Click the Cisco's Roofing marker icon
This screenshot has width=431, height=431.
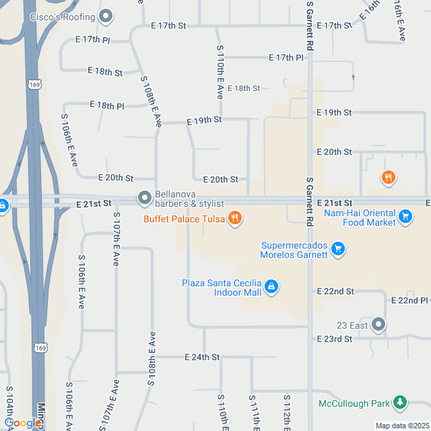(x=105, y=15)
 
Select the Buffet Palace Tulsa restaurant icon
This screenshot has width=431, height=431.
(x=234, y=218)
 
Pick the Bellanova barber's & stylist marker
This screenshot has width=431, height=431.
(x=145, y=198)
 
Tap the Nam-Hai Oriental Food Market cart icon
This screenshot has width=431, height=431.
(x=405, y=216)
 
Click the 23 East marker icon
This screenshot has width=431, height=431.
(x=378, y=325)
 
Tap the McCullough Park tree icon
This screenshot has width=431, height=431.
(x=400, y=403)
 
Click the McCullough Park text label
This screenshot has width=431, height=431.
(x=354, y=403)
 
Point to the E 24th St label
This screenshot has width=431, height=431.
(x=203, y=357)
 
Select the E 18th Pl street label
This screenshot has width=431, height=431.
(x=107, y=106)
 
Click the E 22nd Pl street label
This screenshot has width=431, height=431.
(x=409, y=300)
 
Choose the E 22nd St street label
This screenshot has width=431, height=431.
(x=335, y=292)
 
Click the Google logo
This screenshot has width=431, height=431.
(x=23, y=423)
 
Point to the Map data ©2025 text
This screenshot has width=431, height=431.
(x=401, y=426)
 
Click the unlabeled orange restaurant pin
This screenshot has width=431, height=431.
(x=388, y=178)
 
